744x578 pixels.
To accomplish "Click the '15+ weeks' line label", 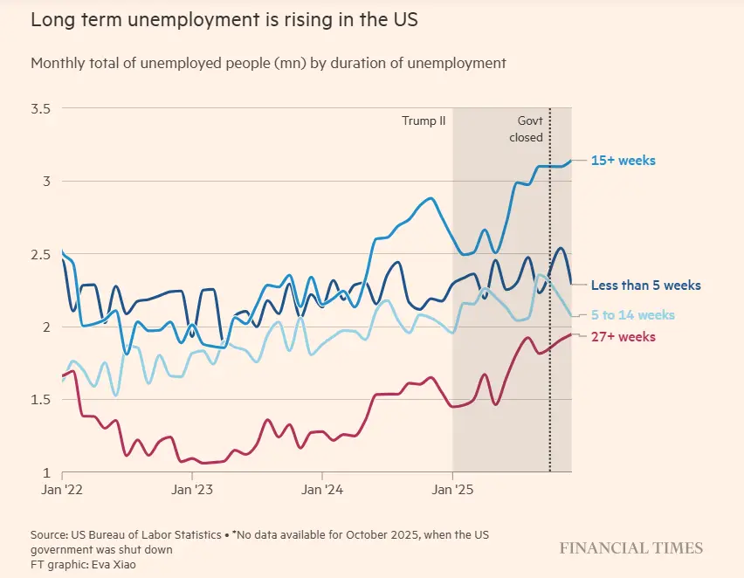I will (623, 161).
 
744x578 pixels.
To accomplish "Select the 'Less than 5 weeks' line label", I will (645, 286).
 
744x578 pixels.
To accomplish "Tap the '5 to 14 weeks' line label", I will (633, 315).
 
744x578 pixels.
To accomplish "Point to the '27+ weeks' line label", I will (623, 337).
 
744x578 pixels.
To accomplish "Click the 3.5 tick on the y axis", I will (41, 108).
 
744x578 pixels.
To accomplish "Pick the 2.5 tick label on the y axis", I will (41, 254).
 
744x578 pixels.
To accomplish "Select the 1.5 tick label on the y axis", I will (41, 400).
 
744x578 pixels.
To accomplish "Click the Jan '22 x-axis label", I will (62, 490).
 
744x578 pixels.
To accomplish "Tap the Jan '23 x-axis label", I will (192, 490).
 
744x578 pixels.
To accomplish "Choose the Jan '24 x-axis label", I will (322, 490).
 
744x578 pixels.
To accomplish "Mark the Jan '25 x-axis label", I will (452, 490).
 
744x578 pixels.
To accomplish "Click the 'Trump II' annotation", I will (424, 120).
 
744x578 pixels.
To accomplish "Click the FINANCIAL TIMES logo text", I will (630, 548).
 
